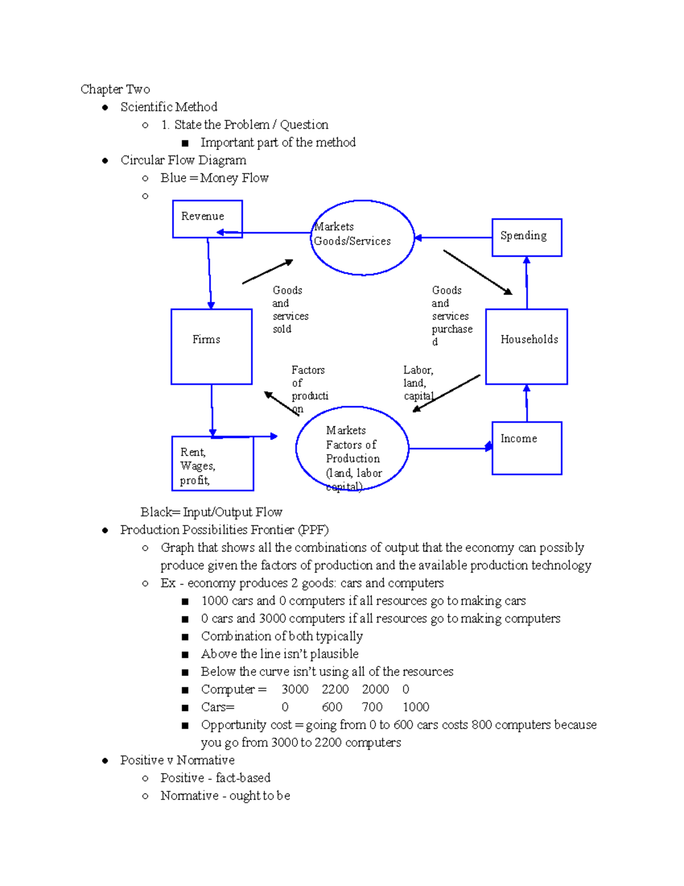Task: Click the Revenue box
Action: click(x=207, y=219)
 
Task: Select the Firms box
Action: click(x=211, y=346)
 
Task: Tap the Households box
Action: click(x=526, y=346)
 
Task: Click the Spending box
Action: click(x=527, y=237)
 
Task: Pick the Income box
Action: click(x=527, y=448)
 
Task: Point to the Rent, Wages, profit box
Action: click(x=213, y=463)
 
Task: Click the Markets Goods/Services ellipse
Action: click(x=363, y=237)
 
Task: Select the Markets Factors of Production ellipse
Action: click(x=352, y=448)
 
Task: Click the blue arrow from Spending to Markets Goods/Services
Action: click(x=453, y=238)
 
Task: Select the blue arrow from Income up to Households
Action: click(x=527, y=403)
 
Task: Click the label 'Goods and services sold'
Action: click(x=290, y=310)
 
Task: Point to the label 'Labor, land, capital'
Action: click(x=418, y=383)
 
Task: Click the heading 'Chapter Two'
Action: click(x=115, y=89)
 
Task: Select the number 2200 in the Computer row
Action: click(x=335, y=689)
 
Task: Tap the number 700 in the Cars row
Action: click(x=372, y=707)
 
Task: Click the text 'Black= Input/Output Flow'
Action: click(x=211, y=512)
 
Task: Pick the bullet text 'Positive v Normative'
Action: click(x=177, y=760)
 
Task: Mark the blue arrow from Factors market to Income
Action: click(x=450, y=448)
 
